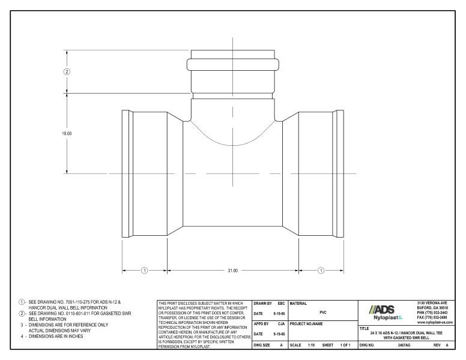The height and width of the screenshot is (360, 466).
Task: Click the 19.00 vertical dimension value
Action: click(67, 134)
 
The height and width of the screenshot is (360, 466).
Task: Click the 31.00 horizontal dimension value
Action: click(233, 271)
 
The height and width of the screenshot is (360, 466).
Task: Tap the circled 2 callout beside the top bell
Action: click(67, 71)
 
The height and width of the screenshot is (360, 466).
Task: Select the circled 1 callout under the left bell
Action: click(144, 271)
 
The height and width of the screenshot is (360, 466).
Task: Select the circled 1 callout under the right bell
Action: click(321, 271)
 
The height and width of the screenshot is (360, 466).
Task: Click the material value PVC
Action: click(322, 311)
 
